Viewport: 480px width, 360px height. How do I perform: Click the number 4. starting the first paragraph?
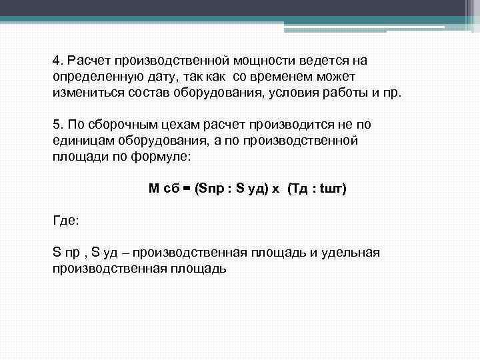click(57, 61)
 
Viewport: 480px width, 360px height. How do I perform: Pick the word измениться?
click(83, 92)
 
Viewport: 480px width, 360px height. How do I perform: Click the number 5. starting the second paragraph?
click(57, 125)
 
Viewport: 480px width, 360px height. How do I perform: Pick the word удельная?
click(354, 253)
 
